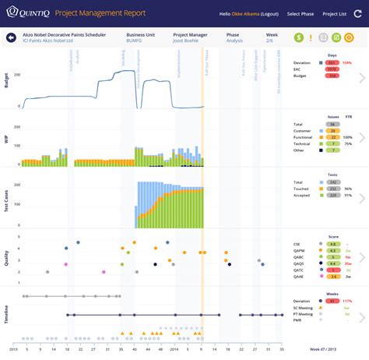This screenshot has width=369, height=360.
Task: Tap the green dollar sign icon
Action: click(300, 37)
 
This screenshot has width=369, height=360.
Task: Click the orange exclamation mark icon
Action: click(312, 37)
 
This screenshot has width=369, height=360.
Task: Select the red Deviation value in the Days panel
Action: click(332, 62)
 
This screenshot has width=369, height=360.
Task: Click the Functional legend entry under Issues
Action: click(304, 137)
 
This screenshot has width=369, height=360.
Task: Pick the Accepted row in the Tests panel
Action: click(302, 195)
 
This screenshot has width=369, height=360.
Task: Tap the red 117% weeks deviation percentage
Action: click(346, 301)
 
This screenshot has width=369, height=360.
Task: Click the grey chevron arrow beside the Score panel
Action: click(361, 255)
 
